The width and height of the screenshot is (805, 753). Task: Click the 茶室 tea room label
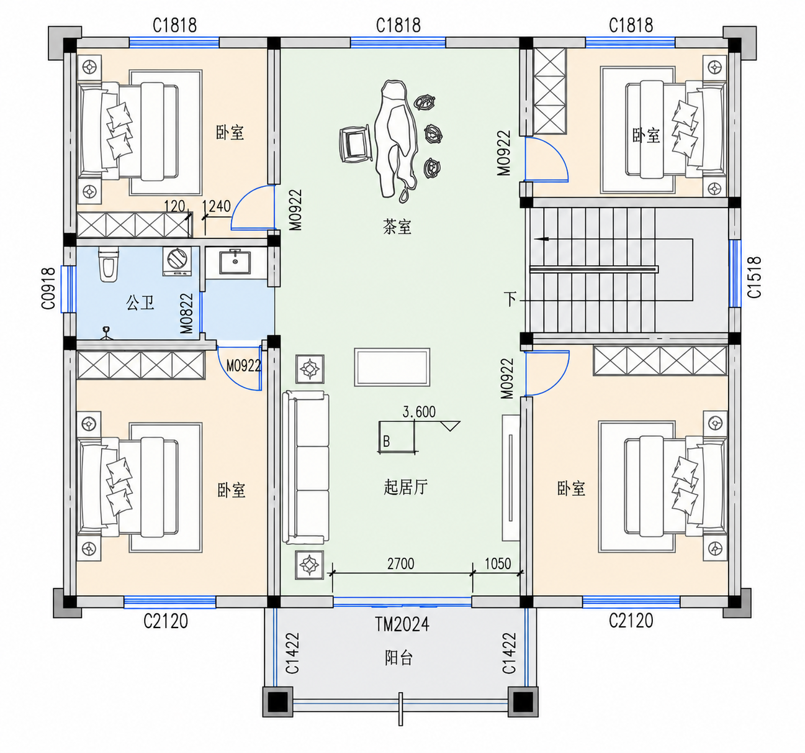pos(397,227)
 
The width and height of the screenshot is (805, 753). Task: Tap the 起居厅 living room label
pos(406,487)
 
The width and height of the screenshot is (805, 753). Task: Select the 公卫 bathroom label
pos(140,303)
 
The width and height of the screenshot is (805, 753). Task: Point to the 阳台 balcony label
pos(398,658)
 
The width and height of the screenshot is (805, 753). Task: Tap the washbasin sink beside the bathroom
pos(235,262)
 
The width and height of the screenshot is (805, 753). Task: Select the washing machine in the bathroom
pos(177,261)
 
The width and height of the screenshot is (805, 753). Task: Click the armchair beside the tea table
pos(355,144)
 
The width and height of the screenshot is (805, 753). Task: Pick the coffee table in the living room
pos(392,367)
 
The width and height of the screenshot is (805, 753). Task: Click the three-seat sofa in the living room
pos(306,467)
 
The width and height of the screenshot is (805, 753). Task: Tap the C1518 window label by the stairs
pos(755,277)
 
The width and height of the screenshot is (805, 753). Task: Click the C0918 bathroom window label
pos(48,288)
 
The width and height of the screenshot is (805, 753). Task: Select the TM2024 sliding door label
pos(402,624)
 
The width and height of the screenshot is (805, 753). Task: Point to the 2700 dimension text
pos(400,564)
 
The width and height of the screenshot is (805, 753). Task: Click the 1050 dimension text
pos(498,564)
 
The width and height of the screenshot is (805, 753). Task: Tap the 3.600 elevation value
pos(419,412)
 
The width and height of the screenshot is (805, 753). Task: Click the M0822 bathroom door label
pos(187,313)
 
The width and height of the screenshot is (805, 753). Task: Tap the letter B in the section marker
pos(386,441)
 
